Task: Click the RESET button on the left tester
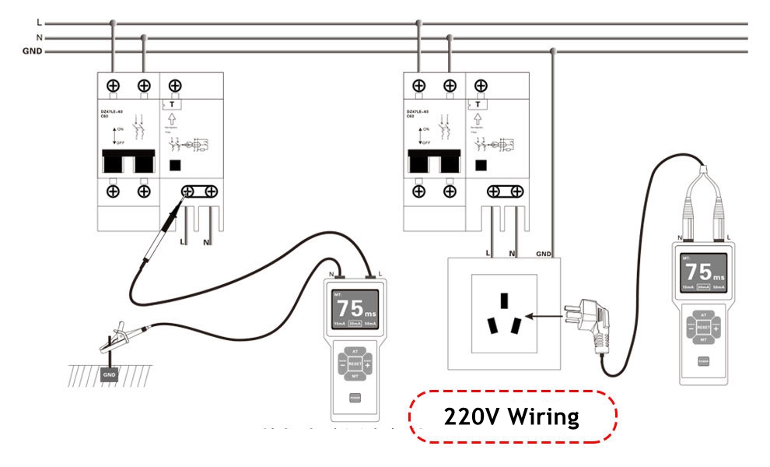coord(355,363)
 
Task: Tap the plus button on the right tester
coord(716,328)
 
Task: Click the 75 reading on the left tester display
coord(348,307)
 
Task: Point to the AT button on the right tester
coord(703,314)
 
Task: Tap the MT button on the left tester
coord(355,377)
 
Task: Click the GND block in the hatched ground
coord(110,374)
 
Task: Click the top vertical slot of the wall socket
coord(504,300)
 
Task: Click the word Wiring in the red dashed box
coord(544,417)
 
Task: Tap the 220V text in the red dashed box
coord(471,417)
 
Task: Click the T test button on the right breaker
coord(478,104)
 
